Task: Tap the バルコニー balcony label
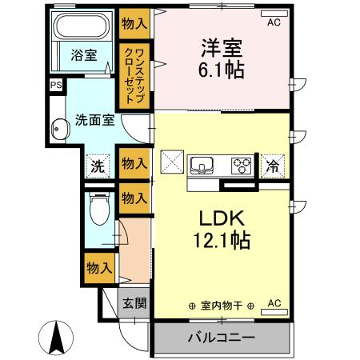221,337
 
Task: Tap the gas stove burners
241,166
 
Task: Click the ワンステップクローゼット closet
134,76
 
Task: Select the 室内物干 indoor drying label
221,306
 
